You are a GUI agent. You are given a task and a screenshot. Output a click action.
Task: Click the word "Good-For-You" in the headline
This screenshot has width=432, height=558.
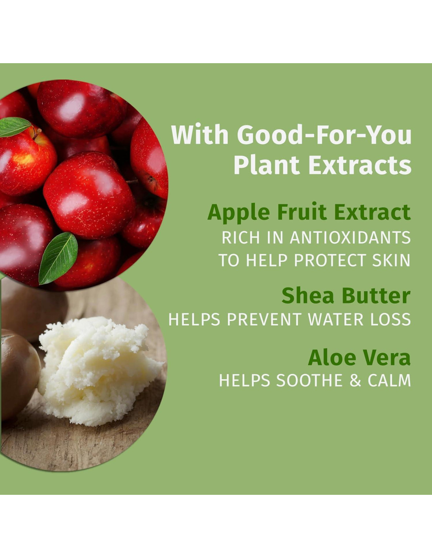324,135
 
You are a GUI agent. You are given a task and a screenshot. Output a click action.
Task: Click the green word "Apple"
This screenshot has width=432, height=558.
239,213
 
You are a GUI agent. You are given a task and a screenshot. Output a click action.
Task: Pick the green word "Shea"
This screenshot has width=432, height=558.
308,295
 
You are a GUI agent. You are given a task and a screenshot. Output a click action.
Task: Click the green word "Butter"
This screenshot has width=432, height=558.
376,295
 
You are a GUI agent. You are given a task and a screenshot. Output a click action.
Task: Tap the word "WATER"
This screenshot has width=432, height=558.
335,319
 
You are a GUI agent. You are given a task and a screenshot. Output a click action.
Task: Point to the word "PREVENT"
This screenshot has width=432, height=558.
264,319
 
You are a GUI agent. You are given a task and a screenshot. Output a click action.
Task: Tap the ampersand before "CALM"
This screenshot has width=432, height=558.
355,380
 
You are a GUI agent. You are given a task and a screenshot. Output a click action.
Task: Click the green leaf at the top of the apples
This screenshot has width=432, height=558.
15,127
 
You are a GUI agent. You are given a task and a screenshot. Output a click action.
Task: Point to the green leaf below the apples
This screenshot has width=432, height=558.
58,258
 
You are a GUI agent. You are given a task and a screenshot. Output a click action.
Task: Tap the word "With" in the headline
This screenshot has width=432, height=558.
200,135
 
